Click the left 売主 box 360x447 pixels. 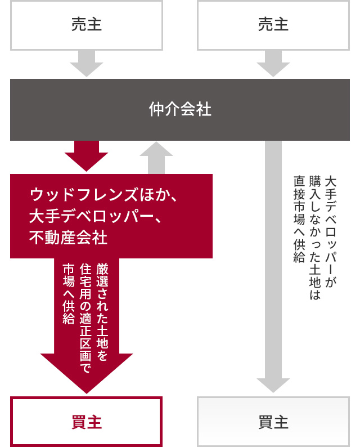click(86, 25)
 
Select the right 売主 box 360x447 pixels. click(273, 25)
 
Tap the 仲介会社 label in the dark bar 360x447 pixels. click(180, 109)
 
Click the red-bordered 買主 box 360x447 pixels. click(86, 422)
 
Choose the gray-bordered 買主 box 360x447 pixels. click(273, 422)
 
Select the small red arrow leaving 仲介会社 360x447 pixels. click(86, 156)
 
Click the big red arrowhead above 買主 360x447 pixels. click(86, 372)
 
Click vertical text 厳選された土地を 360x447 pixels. click(103, 307)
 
